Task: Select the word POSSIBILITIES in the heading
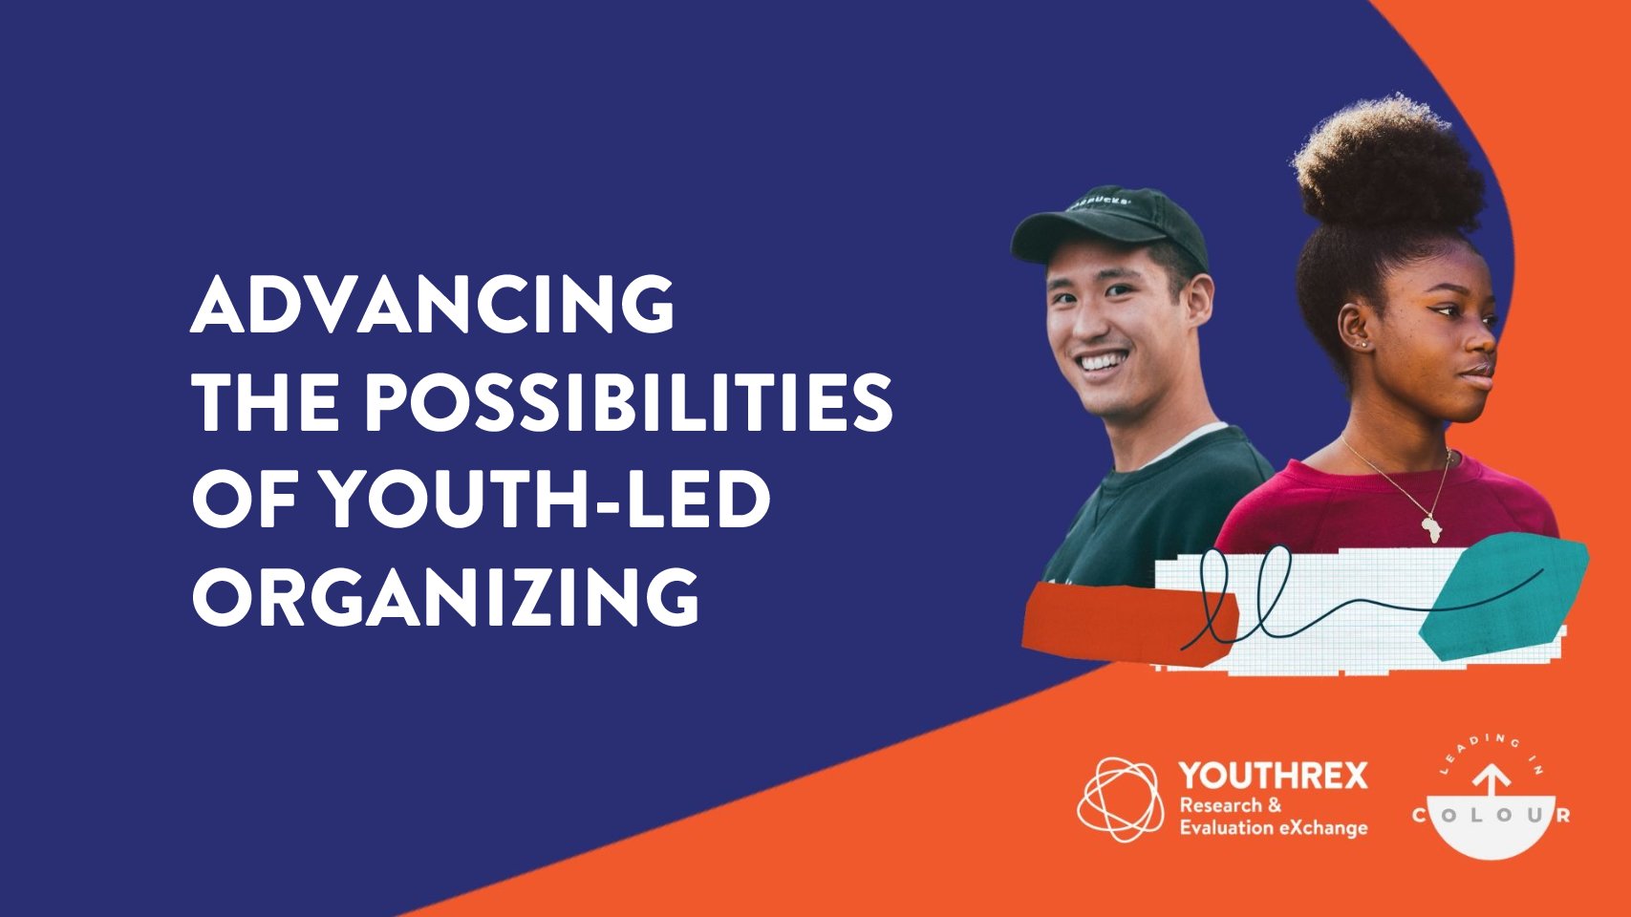point(629,402)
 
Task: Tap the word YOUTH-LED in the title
point(545,500)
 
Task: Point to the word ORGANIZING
point(445,597)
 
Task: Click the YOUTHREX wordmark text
point(1274,776)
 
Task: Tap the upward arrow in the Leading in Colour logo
point(1492,786)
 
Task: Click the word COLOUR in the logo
point(1492,815)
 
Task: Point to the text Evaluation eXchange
point(1274,828)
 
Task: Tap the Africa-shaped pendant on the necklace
point(1431,528)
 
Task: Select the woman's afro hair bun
point(1387,171)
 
